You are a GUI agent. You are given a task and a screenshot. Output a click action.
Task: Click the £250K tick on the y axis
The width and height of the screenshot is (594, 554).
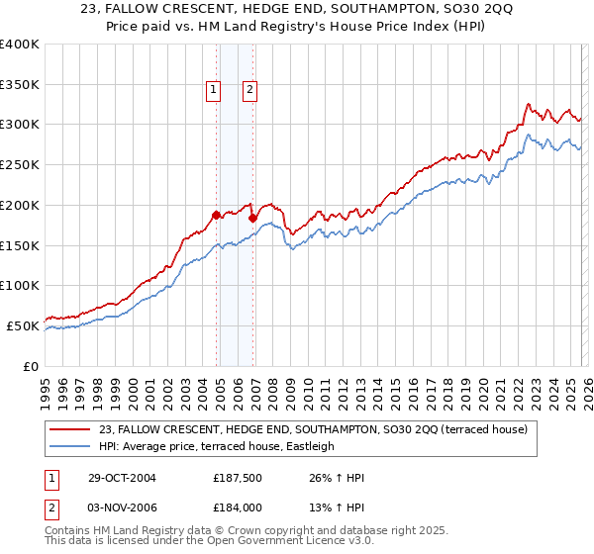20,165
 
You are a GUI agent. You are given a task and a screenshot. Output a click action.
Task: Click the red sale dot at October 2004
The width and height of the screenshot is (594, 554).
217,215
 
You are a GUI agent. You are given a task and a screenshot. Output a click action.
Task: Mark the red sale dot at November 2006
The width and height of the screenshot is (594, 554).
253,218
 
